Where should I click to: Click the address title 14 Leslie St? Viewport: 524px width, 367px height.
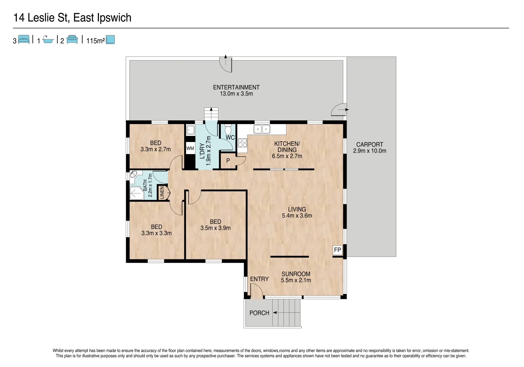click(72, 18)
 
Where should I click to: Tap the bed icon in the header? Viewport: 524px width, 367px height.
click(24, 40)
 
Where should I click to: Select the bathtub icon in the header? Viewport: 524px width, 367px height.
click(48, 40)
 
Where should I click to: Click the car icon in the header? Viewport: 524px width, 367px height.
click(72, 40)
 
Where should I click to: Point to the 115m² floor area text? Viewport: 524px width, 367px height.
click(95, 41)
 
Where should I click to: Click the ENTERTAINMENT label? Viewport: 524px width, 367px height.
click(236, 87)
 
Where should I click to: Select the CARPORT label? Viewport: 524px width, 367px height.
click(369, 144)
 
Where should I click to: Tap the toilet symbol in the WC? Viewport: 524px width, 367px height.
click(228, 130)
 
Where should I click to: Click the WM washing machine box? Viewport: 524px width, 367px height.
click(190, 148)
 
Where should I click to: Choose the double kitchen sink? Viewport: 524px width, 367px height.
click(262, 129)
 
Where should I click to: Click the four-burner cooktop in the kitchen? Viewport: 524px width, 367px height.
click(242, 142)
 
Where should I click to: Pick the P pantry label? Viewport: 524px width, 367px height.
click(228, 161)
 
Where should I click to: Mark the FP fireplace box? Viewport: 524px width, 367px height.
click(337, 250)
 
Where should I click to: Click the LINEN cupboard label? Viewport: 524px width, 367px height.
click(162, 193)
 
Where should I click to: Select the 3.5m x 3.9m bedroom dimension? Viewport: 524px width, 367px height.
click(215, 228)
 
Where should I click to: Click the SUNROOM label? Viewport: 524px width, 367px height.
click(296, 274)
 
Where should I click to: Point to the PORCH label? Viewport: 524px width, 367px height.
click(259, 313)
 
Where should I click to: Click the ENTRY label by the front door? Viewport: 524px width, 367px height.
click(259, 279)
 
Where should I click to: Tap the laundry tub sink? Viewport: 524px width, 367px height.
click(190, 130)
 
